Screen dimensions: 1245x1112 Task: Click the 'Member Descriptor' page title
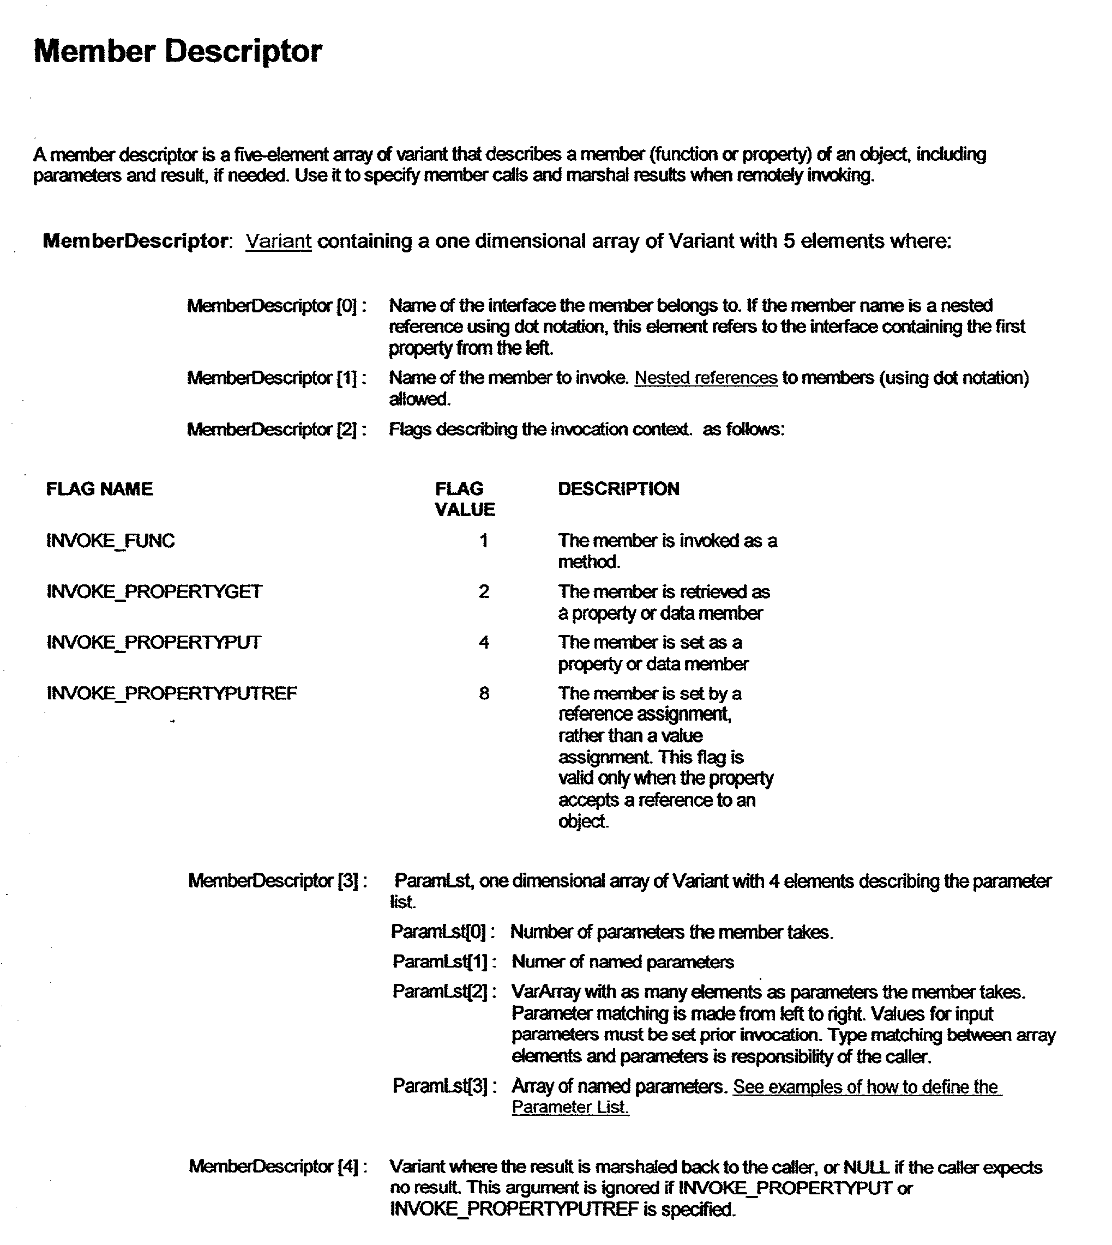coord(177,51)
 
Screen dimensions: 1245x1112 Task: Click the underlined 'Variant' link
coord(278,241)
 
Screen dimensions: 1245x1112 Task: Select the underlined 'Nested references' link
coord(706,378)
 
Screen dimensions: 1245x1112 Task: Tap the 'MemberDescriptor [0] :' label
coord(276,305)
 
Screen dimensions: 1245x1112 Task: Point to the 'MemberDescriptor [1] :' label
coord(276,378)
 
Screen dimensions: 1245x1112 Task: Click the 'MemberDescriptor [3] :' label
coord(278,880)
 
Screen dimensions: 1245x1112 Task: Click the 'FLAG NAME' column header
coord(100,488)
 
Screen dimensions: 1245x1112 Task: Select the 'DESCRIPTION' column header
coord(618,488)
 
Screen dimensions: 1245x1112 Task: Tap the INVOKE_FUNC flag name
coord(111,540)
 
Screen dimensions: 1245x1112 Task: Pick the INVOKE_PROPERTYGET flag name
coord(154,591)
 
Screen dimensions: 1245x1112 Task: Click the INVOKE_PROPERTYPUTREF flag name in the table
coord(172,693)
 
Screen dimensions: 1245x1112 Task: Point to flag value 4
coord(484,642)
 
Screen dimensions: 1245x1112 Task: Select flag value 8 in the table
coord(484,693)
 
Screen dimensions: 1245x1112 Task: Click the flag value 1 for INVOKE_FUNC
coord(484,540)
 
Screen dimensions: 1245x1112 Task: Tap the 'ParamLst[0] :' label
coord(443,932)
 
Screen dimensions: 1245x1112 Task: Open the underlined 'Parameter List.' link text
coord(570,1107)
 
